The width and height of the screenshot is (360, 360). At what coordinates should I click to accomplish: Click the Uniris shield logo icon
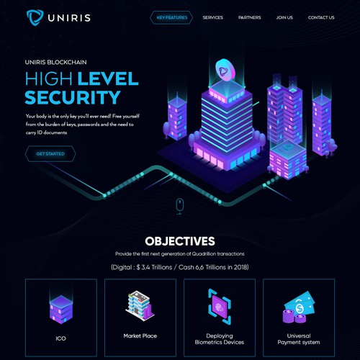tap(35, 17)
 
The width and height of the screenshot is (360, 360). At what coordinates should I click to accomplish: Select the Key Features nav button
tap(171, 17)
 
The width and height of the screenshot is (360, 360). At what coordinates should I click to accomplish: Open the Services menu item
tap(212, 17)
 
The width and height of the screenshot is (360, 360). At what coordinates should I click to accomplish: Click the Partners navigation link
tap(249, 17)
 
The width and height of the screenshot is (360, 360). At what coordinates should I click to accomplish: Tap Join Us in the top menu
tap(284, 17)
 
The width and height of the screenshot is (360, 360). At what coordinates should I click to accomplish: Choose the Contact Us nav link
tap(321, 17)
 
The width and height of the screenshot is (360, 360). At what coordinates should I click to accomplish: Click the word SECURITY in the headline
tap(73, 97)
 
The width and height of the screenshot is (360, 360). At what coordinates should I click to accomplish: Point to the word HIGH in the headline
tap(48, 78)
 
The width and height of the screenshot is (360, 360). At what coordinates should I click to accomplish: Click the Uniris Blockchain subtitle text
tap(55, 62)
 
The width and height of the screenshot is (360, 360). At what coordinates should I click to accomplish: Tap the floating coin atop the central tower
tap(225, 70)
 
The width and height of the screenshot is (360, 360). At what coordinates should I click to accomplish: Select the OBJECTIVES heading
tap(180, 241)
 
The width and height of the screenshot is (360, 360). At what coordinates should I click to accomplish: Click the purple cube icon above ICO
tap(61, 310)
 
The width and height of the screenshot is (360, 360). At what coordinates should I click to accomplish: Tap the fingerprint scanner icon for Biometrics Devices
tap(220, 307)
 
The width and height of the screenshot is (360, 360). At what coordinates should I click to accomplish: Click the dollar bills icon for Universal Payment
tap(299, 307)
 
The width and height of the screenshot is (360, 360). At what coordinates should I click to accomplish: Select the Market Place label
tap(140, 336)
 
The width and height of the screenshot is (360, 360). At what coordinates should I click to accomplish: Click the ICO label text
tap(60, 338)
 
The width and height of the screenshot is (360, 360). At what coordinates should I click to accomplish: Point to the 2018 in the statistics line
tap(240, 267)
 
